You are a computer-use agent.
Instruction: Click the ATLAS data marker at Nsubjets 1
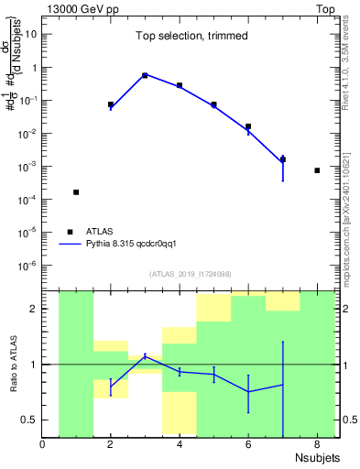(x=76, y=192)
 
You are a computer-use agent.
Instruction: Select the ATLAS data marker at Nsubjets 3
(x=145, y=75)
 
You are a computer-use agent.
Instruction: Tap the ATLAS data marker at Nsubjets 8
(x=317, y=170)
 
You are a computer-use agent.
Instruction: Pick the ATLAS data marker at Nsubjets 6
(x=248, y=126)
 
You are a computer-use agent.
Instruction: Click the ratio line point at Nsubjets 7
(x=282, y=385)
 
